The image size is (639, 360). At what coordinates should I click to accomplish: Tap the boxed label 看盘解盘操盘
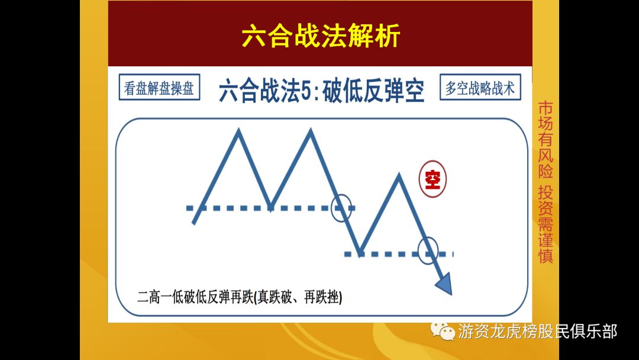[x=159, y=89]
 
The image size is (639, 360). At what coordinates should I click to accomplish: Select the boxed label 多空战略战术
[x=480, y=89]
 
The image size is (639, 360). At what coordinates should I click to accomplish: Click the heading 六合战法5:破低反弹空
[x=321, y=92]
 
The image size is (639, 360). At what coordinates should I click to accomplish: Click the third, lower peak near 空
[x=399, y=175]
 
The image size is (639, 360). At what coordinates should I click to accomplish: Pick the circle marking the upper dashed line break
[x=341, y=208]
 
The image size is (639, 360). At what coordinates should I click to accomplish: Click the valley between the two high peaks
[x=271, y=208]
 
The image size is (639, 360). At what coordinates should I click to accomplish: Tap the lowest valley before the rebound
[x=360, y=253]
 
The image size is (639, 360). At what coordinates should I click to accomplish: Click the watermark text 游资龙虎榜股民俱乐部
[x=537, y=332]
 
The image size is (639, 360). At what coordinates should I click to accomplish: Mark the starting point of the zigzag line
[x=194, y=223]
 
